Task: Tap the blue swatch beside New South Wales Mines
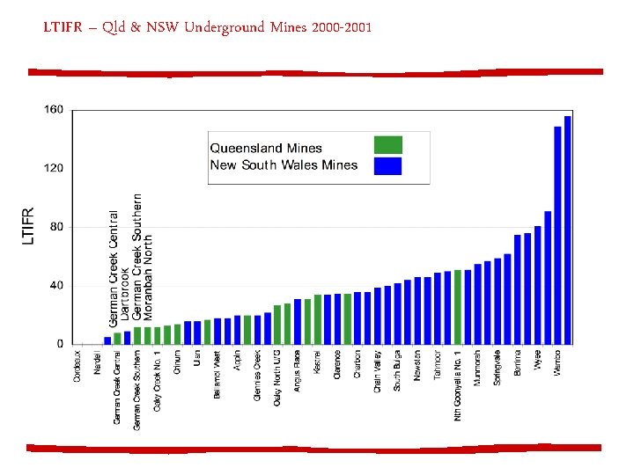click(387, 165)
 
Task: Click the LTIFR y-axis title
click(28, 227)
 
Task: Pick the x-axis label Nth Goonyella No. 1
click(458, 384)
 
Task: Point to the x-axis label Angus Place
click(298, 371)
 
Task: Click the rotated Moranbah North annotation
click(148, 275)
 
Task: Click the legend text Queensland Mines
click(266, 148)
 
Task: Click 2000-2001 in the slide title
click(337, 28)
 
